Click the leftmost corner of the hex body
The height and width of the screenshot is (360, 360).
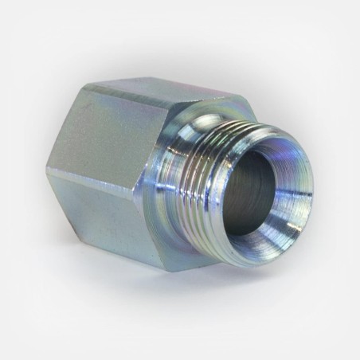tap(47, 170)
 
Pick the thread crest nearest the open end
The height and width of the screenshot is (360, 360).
tap(231, 171)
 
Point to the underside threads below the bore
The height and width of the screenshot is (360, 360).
tap(227, 239)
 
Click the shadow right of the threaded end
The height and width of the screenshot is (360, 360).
tap(319, 231)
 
